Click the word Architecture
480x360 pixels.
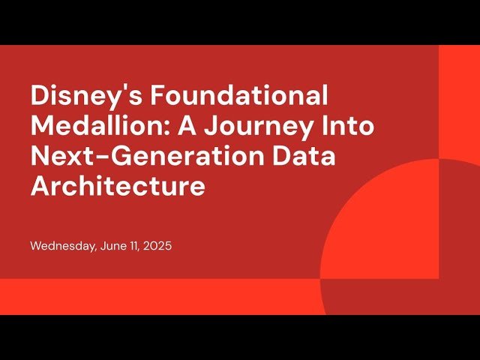118,185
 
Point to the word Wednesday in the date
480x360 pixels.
63,246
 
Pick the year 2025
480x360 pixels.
158,246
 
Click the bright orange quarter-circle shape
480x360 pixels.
375,225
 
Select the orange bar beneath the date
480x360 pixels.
150,296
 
